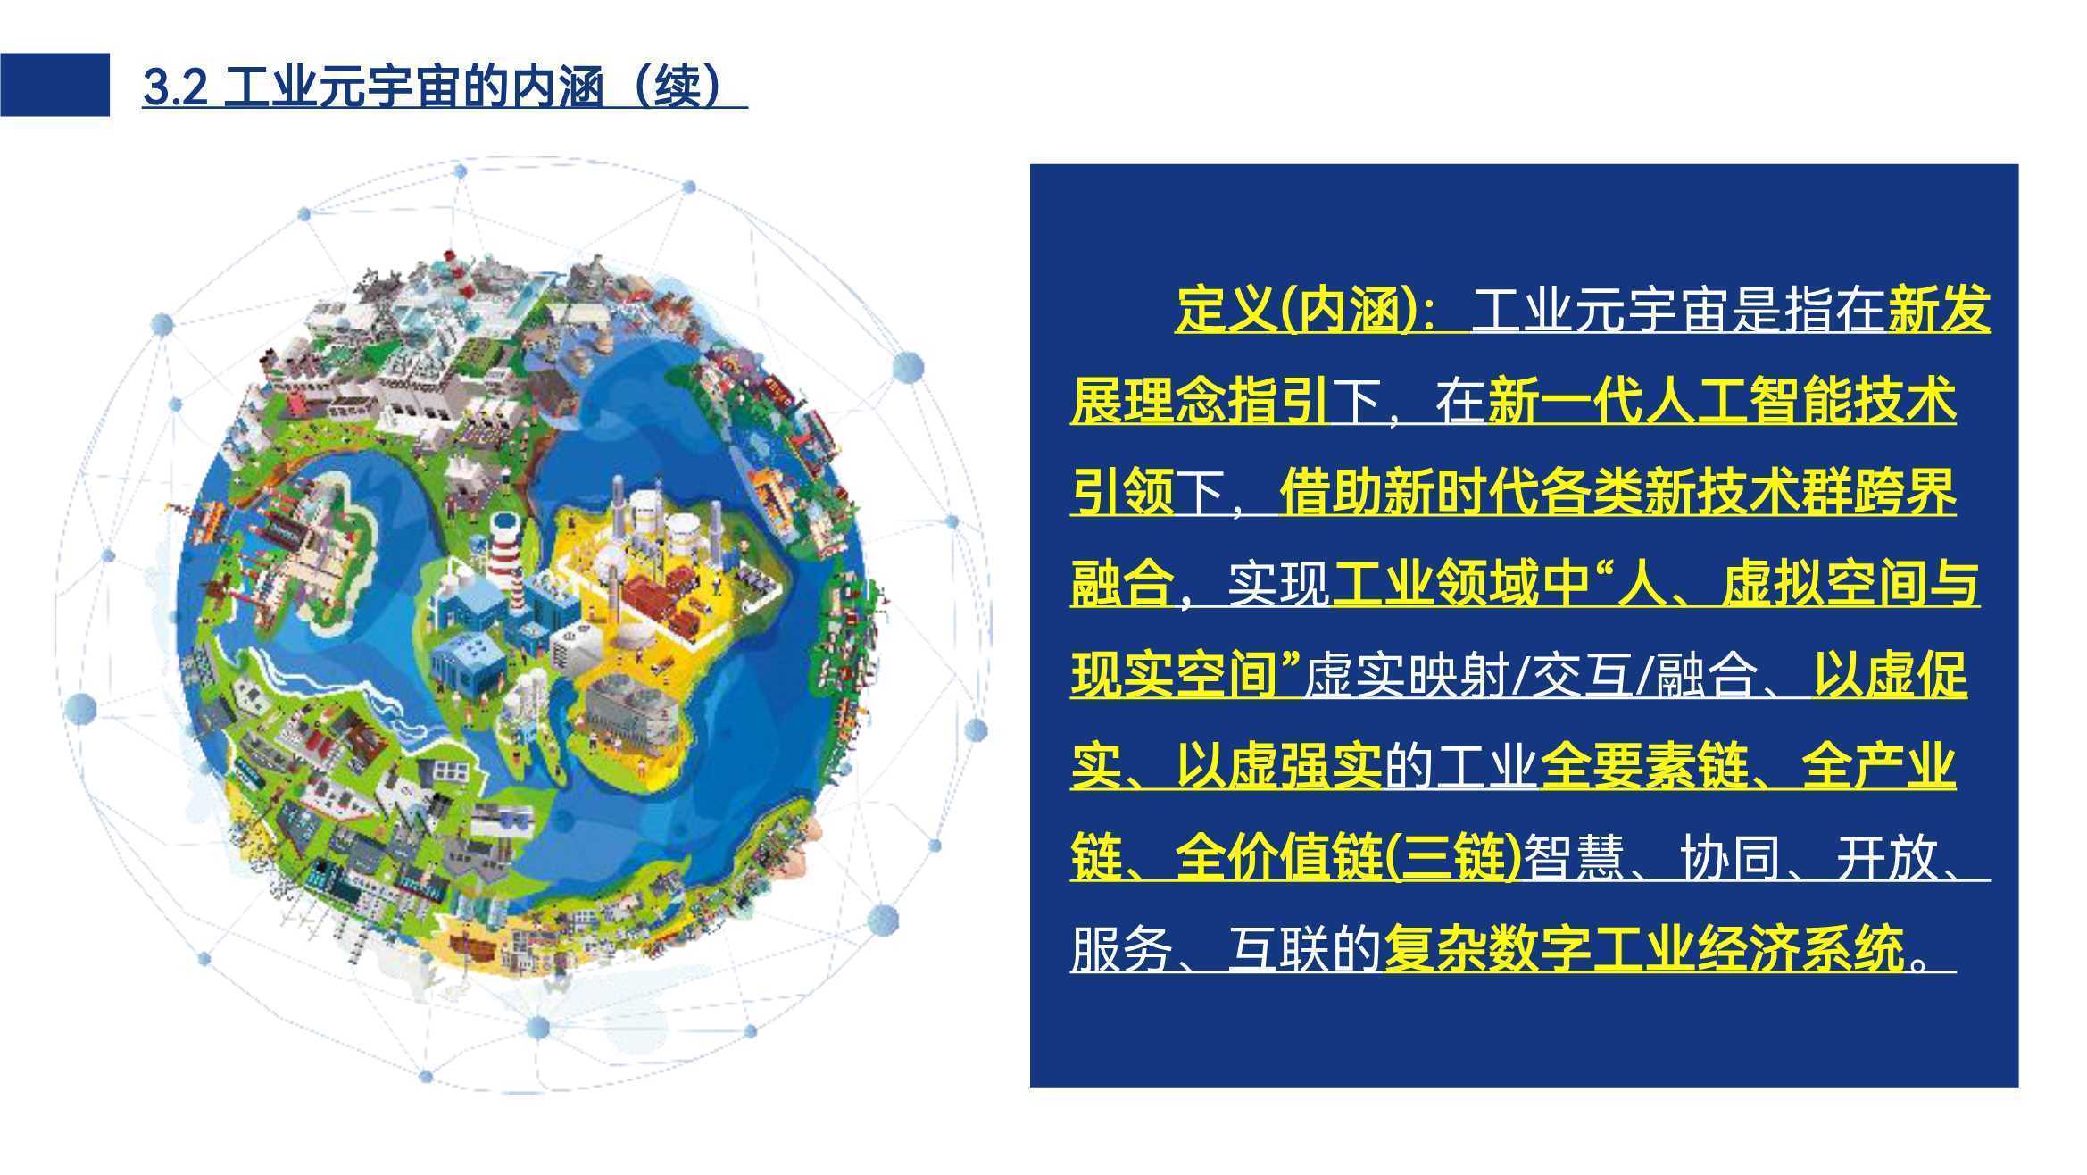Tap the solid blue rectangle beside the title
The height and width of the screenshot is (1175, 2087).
pyautogui.click(x=54, y=85)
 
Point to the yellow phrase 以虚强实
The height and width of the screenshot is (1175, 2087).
pyautogui.click(x=1278, y=767)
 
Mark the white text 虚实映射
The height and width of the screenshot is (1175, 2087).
pyautogui.click(x=1409, y=676)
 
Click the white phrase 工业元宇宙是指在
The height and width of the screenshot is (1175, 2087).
pyautogui.click(x=1679, y=310)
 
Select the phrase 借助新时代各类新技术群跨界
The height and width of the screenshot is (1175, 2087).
pyautogui.click(x=1617, y=492)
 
